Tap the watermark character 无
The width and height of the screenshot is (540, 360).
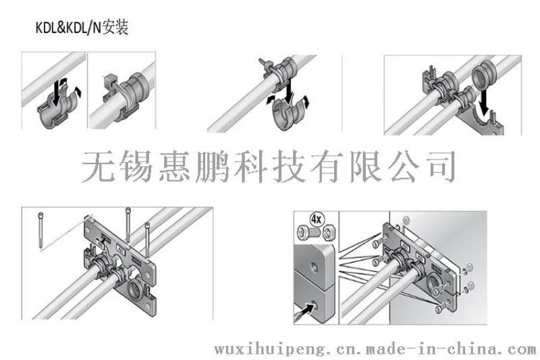point(98,166)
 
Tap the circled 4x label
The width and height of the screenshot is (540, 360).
point(316,219)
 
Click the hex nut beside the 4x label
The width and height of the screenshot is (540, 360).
point(329,232)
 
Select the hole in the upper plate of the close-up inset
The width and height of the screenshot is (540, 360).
point(314,266)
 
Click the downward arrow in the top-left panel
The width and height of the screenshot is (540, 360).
point(56,93)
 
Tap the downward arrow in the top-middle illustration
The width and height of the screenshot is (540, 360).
point(289,91)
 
